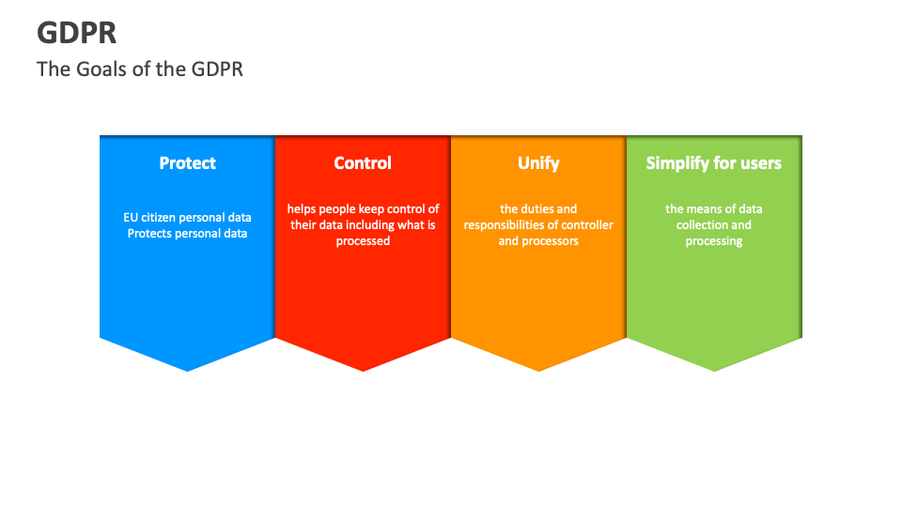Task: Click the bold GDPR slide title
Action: [x=77, y=33]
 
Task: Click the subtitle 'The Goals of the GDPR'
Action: [x=140, y=69]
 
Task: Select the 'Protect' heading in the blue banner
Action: [x=187, y=163]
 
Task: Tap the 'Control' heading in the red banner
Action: [x=363, y=163]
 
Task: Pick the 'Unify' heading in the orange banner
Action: [x=538, y=163]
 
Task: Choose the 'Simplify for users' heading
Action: [x=713, y=163]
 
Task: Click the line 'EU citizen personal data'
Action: [x=187, y=218]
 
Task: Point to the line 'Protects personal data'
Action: [x=187, y=234]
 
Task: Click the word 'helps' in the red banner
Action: [x=302, y=209]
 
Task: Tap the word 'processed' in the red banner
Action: [x=363, y=241]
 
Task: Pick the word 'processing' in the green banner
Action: [x=713, y=241]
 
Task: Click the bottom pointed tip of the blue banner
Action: [x=187, y=368]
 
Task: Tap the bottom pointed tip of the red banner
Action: [x=363, y=368]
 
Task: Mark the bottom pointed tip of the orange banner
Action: [x=538, y=368]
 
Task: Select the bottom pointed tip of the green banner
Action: [x=714, y=368]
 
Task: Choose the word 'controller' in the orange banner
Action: [x=587, y=225]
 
